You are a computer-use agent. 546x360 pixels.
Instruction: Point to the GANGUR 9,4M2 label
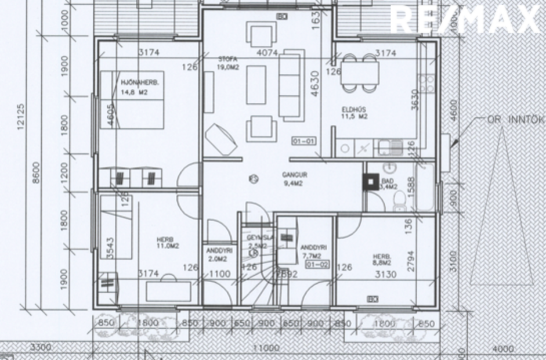click(295, 179)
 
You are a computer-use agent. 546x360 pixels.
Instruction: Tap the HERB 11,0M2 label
click(167, 242)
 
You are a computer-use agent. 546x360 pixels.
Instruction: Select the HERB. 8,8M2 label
click(382, 259)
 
